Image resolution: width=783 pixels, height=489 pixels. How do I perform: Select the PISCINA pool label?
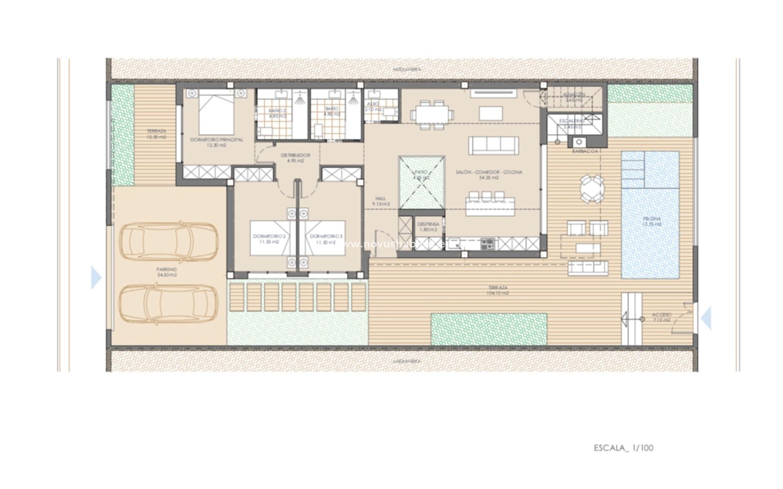pos(651,219)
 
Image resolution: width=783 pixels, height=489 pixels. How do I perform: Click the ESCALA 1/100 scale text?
pos(624,448)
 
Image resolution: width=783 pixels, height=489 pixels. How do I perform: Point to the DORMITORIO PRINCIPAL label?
pos(217,140)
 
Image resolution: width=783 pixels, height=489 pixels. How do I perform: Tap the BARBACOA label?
pos(585,151)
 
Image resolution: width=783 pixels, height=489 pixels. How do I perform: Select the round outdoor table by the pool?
pos(592,189)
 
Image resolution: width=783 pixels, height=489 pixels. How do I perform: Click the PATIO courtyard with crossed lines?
pos(421,183)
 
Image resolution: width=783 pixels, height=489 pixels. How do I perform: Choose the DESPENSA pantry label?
pos(428,224)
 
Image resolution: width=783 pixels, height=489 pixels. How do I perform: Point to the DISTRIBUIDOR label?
pos(295,155)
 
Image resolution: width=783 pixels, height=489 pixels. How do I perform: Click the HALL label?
pos(380,199)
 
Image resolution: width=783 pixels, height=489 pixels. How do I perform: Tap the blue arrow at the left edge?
pos(96,278)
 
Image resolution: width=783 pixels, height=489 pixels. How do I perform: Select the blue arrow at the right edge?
pos(706,318)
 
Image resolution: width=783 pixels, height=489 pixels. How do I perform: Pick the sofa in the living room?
pos(493,145)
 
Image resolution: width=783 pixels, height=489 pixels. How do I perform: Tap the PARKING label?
pos(166,269)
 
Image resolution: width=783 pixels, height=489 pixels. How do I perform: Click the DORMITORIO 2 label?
pos(269,236)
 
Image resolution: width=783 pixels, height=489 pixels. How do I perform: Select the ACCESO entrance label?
pos(661,315)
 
